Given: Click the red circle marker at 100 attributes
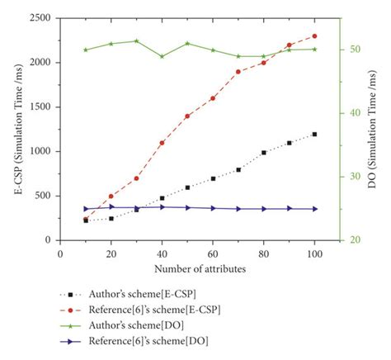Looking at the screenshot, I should pyautogui.click(x=314, y=36).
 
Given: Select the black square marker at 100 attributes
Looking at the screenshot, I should pyautogui.click(x=314, y=135).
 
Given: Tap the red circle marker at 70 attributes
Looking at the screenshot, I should pyautogui.click(x=238, y=72).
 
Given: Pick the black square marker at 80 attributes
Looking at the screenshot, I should pyautogui.click(x=264, y=153).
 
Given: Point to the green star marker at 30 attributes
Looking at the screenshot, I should pyautogui.click(x=136, y=40).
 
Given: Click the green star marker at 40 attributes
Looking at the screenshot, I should pyautogui.click(x=162, y=56).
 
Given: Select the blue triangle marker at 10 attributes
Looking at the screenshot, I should pyautogui.click(x=86, y=209).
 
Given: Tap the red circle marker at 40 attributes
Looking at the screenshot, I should pyautogui.click(x=162, y=143).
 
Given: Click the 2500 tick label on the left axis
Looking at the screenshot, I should pyautogui.click(x=39, y=18).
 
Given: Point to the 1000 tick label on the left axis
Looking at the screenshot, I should pyautogui.click(x=39, y=152).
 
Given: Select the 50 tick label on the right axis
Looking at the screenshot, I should pyautogui.click(x=354, y=50).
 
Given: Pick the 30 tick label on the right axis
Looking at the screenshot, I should pyautogui.click(x=354, y=177).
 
